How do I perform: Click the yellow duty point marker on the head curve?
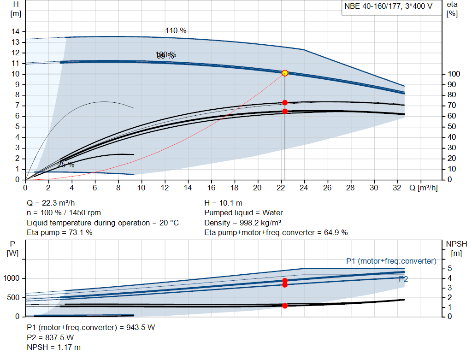284,73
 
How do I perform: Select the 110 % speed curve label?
176,31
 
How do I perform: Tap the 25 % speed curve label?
66,165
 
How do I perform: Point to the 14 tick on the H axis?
16,31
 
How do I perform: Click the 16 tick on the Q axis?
212,188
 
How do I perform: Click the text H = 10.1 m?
223,203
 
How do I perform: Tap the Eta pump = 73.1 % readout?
59,232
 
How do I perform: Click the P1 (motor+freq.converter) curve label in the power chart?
391,261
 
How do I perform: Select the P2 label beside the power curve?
403,279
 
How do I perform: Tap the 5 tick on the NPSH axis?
449,268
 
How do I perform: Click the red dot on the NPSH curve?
284,306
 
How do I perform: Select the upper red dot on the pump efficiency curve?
284,102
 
